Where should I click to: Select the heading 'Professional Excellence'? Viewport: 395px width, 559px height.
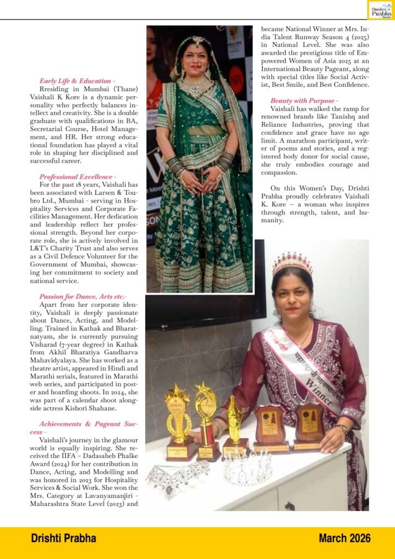coord(76,177)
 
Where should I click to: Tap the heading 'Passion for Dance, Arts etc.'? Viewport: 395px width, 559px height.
coord(82,296)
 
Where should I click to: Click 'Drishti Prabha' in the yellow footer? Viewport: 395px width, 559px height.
coord(63,538)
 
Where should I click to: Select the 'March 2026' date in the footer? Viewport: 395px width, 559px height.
coord(344,538)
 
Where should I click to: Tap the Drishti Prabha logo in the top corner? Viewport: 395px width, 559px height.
coord(380,9)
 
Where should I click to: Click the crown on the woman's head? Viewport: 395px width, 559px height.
coord(292,263)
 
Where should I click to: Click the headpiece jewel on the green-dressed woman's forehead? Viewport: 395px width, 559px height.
coord(197,42)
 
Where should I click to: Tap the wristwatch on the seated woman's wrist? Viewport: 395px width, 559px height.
coord(342,428)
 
